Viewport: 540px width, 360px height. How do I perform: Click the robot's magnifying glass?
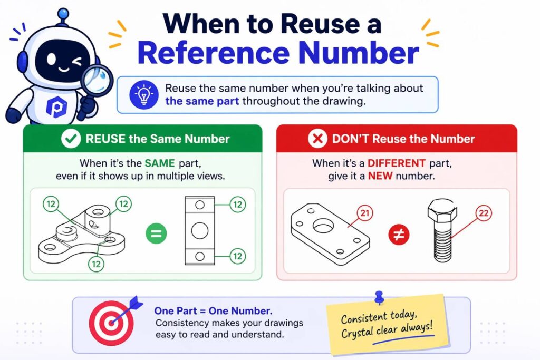[x=97, y=81]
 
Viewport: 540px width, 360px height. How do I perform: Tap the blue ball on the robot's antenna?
[x=63, y=14]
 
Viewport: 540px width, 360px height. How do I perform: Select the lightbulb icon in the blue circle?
[x=144, y=95]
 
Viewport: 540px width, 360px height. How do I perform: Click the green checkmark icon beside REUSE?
[x=71, y=139]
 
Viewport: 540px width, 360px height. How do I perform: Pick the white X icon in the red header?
[x=317, y=139]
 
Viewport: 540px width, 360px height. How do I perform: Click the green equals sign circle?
[x=156, y=233]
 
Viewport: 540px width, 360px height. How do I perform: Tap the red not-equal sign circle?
[x=399, y=235]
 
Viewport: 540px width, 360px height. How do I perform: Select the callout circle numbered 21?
[x=365, y=213]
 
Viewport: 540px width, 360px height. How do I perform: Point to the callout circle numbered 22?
[x=484, y=213]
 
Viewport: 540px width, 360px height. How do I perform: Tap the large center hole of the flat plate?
[x=323, y=226]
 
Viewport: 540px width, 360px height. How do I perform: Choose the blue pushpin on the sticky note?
[x=379, y=297]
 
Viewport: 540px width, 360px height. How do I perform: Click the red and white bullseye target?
[x=111, y=323]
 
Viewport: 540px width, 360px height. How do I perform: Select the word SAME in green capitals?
[x=159, y=163]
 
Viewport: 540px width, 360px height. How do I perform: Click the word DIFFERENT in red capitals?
[x=397, y=163]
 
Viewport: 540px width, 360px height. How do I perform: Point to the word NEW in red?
[x=380, y=176]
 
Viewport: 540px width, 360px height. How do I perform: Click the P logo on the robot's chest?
[x=56, y=107]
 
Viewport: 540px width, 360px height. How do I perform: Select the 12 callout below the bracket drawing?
[x=96, y=264]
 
